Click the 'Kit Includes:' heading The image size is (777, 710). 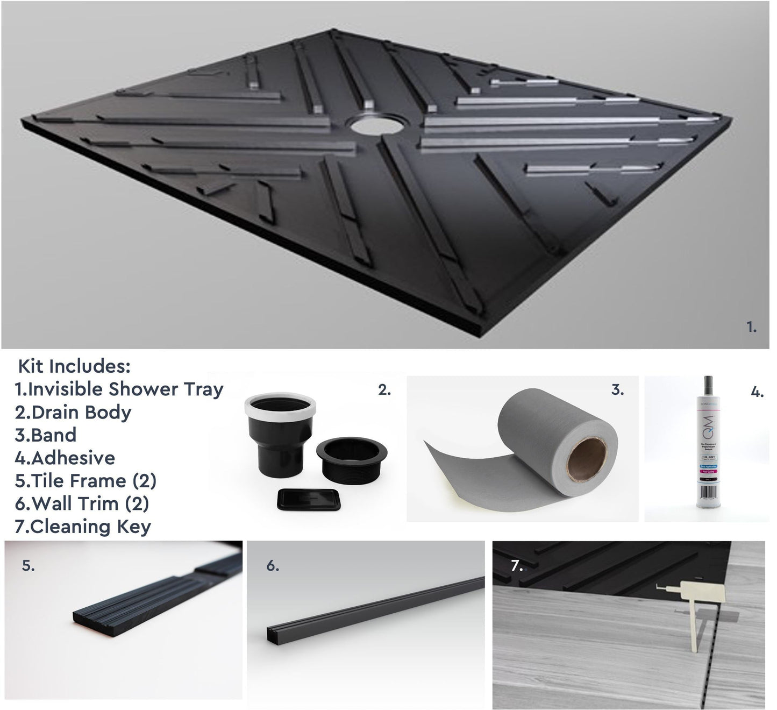pos(75,366)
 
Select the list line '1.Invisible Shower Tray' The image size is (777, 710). pos(119,389)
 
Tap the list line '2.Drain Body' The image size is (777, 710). pos(73,412)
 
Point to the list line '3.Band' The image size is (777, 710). pos(46,435)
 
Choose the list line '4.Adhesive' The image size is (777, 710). pos(65,458)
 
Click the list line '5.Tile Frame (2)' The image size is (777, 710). pos(85,480)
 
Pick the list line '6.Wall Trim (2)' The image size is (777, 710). pos(82,503)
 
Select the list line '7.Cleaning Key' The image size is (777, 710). pos(83,527)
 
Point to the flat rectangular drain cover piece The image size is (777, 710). pos(309,499)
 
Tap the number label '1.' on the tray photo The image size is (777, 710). pos(751,326)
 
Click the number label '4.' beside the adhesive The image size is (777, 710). pos(757,393)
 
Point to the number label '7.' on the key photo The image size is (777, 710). pos(516,566)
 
